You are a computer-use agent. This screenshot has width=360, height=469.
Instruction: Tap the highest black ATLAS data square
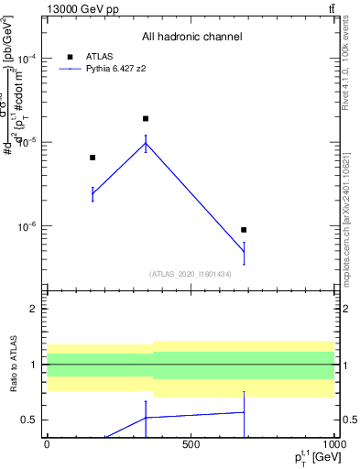point(146,119)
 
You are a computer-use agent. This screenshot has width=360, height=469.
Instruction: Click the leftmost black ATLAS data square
point(93,158)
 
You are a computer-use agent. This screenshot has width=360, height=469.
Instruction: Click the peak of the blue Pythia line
point(146,142)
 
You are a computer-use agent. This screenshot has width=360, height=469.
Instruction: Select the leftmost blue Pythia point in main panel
point(93,193)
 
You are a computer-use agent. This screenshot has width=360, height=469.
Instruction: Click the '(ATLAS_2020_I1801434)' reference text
point(190,274)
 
